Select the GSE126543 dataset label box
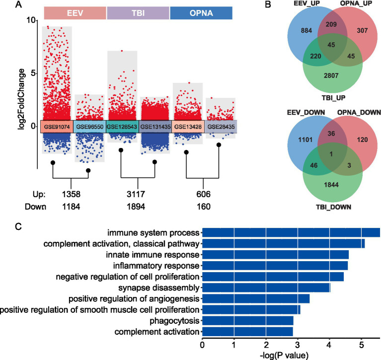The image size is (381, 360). (122, 126)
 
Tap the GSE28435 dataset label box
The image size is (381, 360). (219, 126)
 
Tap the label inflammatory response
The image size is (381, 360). (157, 266)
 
